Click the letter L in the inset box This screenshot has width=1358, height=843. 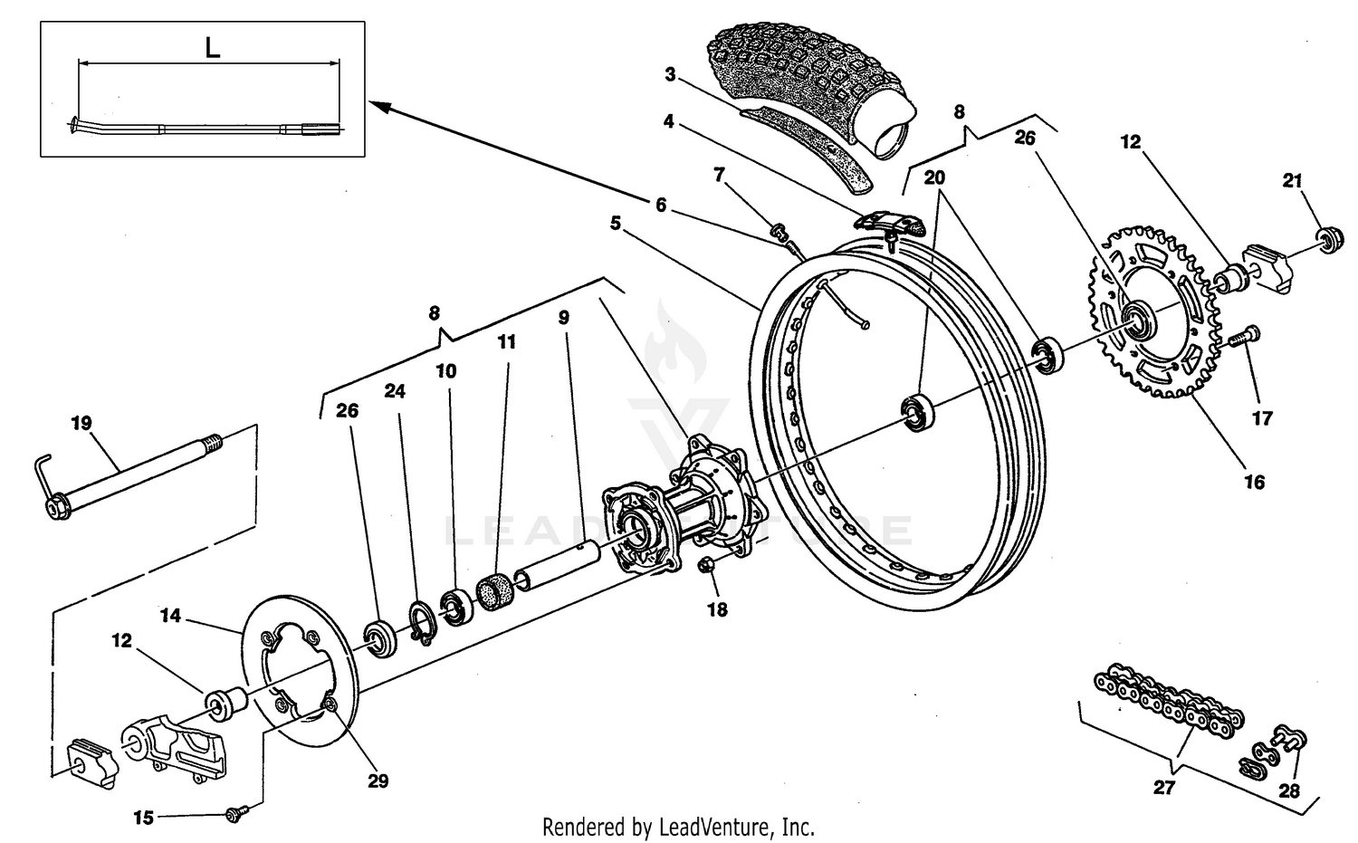coord(212,48)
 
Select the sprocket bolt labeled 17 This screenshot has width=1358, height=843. coord(1246,337)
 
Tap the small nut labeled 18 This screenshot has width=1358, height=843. coord(709,567)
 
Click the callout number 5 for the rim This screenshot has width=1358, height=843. coord(615,223)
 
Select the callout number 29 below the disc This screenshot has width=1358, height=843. coord(378,780)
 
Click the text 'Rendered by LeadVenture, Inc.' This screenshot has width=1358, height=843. coord(678,827)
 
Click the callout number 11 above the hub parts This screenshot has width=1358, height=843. coord(507,341)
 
